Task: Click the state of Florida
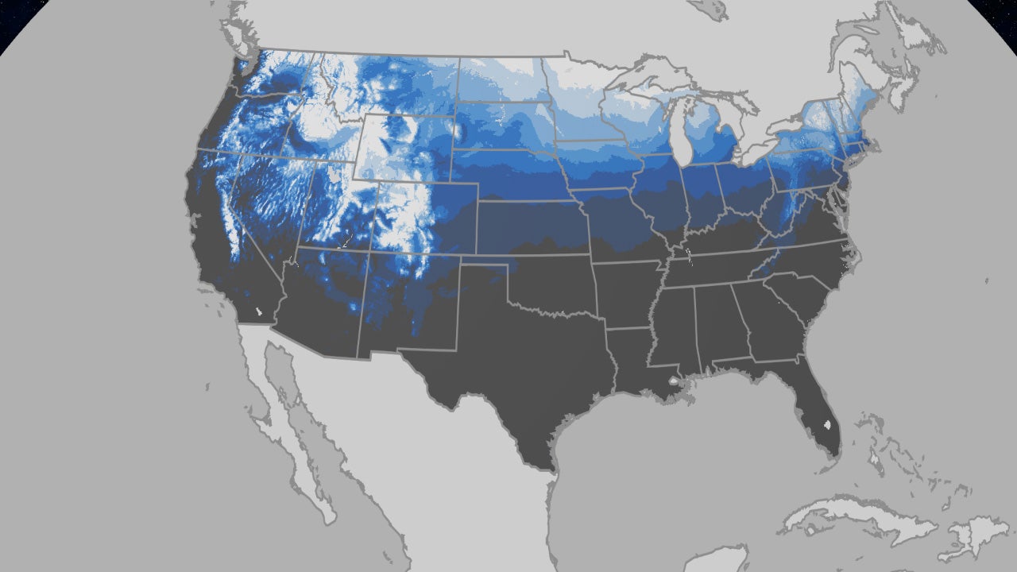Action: click(818, 413)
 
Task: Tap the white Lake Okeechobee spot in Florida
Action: click(829, 425)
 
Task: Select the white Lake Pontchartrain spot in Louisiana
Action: click(674, 382)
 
